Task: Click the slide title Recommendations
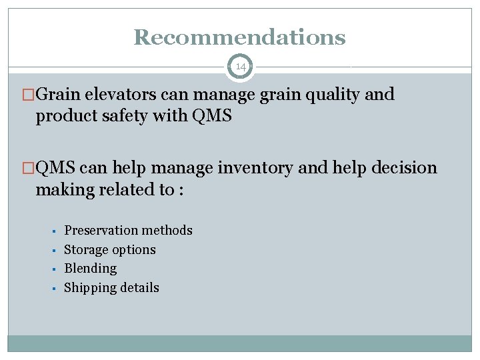tap(239, 37)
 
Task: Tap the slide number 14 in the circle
tap(240, 67)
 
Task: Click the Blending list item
tap(90, 269)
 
